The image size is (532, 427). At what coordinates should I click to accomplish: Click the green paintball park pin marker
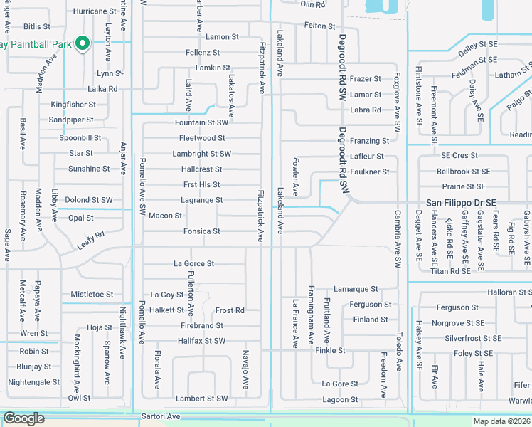pos(82,43)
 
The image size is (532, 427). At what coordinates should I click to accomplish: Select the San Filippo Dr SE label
pos(460,203)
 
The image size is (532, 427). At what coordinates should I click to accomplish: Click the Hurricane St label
pos(95,11)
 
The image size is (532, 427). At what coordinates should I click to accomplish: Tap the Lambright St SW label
pos(201,154)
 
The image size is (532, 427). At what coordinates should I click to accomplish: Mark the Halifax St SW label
pos(201,341)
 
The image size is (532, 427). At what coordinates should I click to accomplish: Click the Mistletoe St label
pos(92,294)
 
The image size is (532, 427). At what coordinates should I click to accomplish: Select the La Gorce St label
pos(193,263)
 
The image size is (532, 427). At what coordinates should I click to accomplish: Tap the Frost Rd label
pos(230,310)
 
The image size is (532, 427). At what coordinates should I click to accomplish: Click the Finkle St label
pos(330,350)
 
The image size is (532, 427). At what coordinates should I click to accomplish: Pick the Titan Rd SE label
pos(450,271)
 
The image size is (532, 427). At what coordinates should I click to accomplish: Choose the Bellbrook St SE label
pos(463,172)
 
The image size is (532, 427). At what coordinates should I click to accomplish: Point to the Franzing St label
pos(369,141)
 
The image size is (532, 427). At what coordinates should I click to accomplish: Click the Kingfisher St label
pos(73,104)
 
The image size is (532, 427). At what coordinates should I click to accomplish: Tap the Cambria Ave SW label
pos(398,238)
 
